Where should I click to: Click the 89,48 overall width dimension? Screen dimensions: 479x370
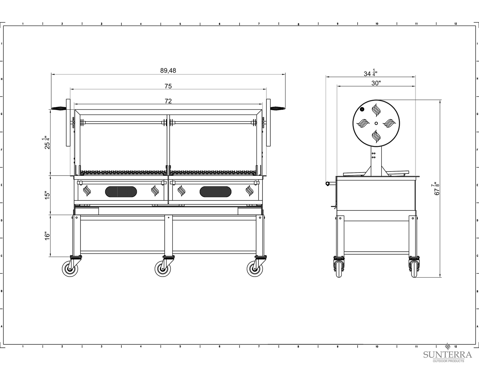168,70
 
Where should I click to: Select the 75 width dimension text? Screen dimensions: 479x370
168,86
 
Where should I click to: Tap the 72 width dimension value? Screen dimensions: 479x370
168,101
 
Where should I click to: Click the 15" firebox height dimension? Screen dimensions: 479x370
47,195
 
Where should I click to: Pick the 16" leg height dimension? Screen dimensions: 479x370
47,236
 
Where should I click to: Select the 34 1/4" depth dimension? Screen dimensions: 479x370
371,73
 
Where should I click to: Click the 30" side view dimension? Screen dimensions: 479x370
376,83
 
